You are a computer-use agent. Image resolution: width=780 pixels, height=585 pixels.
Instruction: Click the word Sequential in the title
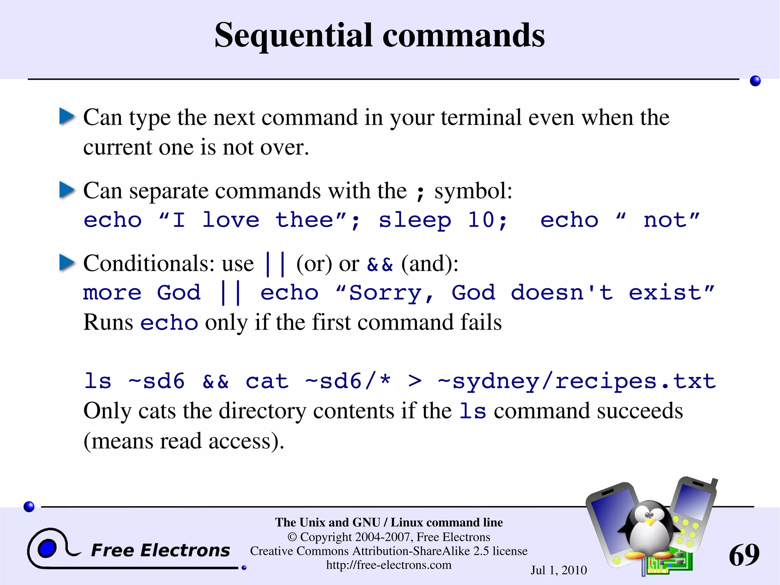[x=294, y=35]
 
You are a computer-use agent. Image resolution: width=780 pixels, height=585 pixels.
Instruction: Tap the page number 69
[x=744, y=555]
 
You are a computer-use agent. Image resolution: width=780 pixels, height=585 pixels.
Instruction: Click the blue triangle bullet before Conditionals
[x=67, y=263]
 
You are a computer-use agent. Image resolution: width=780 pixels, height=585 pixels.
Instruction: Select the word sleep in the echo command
[x=415, y=221]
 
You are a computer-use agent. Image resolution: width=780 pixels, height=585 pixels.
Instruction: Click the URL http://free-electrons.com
[x=388, y=565]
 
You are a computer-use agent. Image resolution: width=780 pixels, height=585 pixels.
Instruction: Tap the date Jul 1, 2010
[x=559, y=570]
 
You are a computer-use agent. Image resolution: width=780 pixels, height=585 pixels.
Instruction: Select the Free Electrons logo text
[x=160, y=550]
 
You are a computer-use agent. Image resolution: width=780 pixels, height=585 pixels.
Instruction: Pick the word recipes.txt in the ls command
[x=635, y=381]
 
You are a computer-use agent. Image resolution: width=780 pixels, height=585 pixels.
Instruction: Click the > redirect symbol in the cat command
[x=415, y=381]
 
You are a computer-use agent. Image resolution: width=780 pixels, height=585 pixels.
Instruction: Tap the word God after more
[x=179, y=293]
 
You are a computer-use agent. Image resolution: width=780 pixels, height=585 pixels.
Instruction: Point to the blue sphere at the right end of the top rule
[x=755, y=81]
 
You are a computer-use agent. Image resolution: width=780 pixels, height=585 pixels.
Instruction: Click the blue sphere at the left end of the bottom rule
[x=29, y=506]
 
